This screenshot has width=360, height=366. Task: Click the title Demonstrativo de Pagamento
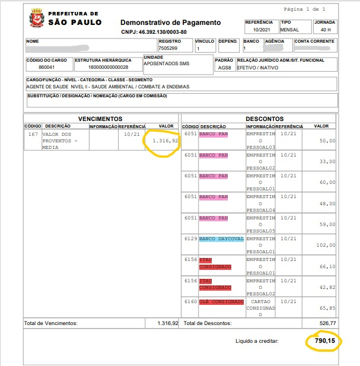pyautogui.click(x=171, y=23)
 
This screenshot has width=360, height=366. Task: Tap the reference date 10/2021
pyautogui.click(x=261, y=30)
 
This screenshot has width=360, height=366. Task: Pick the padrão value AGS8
pyautogui.click(x=223, y=68)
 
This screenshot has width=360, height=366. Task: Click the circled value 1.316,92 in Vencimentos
pyautogui.click(x=164, y=141)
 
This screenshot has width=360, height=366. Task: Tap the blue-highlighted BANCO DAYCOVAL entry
pyautogui.click(x=222, y=238)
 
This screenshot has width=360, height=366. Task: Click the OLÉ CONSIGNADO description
pyautogui.click(x=222, y=301)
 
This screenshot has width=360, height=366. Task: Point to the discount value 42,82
pyautogui.click(x=327, y=287)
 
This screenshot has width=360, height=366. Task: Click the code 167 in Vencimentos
pyautogui.click(x=33, y=134)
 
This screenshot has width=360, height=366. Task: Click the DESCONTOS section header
pyautogui.click(x=264, y=119)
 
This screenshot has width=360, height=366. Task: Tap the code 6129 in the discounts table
pyautogui.click(x=190, y=238)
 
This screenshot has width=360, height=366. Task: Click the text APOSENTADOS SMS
pyautogui.click(x=167, y=63)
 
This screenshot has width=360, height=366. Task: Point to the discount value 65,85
pyautogui.click(x=327, y=308)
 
